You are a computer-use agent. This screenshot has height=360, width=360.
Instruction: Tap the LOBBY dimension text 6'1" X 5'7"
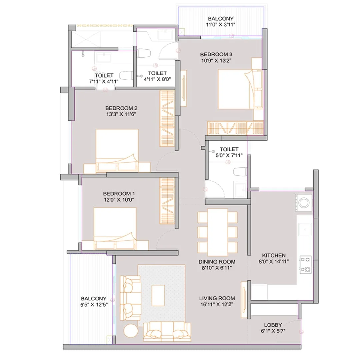273,331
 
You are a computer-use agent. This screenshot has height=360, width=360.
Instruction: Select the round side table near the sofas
130,331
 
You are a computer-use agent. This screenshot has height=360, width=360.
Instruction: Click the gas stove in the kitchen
305,264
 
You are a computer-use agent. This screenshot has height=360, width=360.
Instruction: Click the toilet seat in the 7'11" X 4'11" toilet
126,76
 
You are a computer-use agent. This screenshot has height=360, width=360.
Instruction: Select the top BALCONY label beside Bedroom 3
221,19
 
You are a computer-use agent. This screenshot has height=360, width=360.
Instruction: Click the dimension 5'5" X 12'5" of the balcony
94,305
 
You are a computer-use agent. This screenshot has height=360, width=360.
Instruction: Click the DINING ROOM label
217,262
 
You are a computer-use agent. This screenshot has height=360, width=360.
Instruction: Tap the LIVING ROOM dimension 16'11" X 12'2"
217,304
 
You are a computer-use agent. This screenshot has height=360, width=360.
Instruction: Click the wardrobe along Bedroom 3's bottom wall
235,128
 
